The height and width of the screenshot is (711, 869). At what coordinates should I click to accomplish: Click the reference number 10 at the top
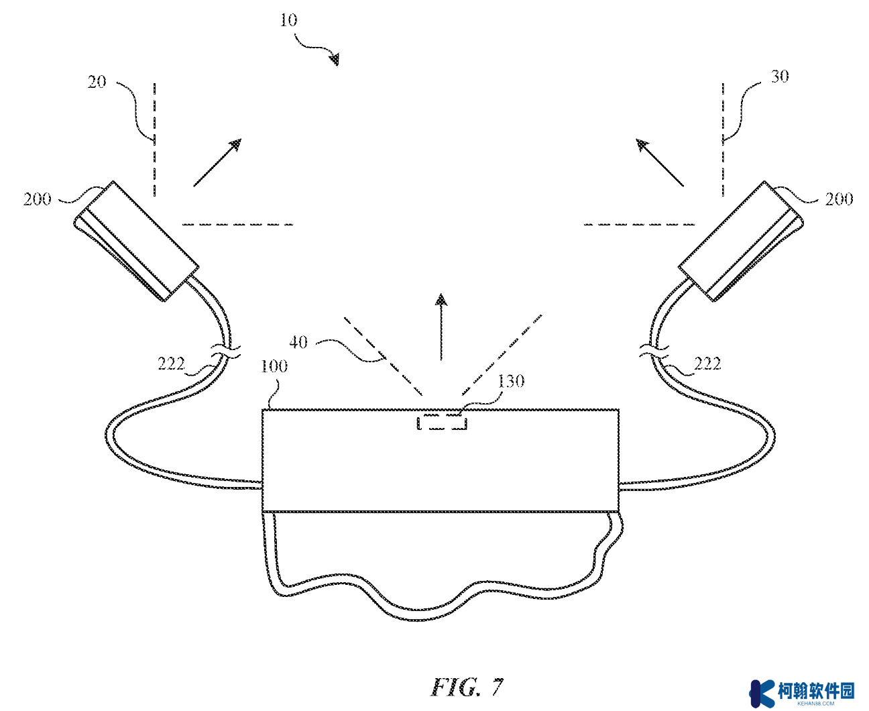tap(288, 19)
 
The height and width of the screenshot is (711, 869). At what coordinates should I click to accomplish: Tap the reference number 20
tap(97, 82)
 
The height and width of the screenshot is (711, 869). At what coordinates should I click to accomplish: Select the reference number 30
tap(779, 76)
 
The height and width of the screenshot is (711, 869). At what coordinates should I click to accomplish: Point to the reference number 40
tap(298, 342)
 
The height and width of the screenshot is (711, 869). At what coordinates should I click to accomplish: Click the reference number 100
tap(274, 366)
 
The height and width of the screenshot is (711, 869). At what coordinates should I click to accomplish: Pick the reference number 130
tap(510, 381)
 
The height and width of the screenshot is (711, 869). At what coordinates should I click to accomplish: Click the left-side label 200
tap(37, 199)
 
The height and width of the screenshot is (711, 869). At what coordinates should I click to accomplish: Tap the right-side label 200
tap(839, 199)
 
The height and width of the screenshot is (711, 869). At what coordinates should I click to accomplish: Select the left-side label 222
tap(171, 364)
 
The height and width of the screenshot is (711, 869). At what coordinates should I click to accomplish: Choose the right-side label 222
tap(707, 364)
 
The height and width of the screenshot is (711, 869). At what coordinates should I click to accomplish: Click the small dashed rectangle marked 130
tap(442, 423)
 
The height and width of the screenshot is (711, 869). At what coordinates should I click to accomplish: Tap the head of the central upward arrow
tap(441, 300)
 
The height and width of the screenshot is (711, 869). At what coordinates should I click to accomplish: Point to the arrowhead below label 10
tap(334, 60)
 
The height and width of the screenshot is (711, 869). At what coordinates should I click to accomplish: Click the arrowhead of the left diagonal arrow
tap(235, 145)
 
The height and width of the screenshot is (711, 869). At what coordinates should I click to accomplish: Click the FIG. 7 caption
tap(467, 687)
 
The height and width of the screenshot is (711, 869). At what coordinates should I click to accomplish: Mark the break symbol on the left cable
tap(226, 351)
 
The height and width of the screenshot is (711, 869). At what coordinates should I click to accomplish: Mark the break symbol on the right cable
tap(654, 351)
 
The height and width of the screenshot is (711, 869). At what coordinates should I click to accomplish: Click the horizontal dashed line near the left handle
tap(237, 225)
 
